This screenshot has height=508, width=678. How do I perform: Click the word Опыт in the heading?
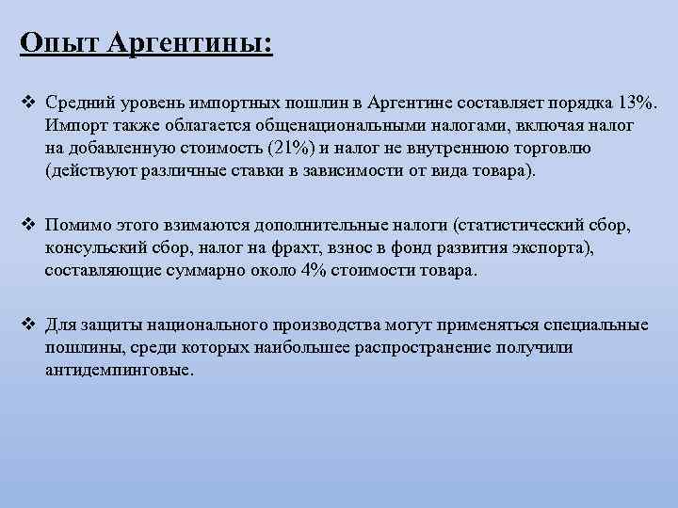tap(57, 43)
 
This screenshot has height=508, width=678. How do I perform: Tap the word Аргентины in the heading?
tap(188, 43)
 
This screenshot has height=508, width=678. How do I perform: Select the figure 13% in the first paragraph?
tap(640, 101)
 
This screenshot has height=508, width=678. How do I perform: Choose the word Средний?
tap(78, 101)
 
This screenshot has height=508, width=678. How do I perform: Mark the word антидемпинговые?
tap(120, 371)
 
